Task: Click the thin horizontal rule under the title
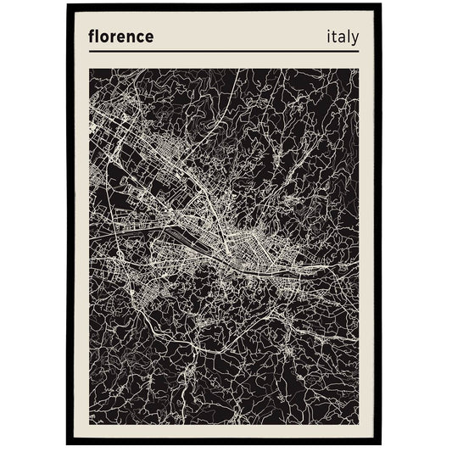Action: point(225,52)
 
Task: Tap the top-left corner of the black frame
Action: point(68,6)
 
